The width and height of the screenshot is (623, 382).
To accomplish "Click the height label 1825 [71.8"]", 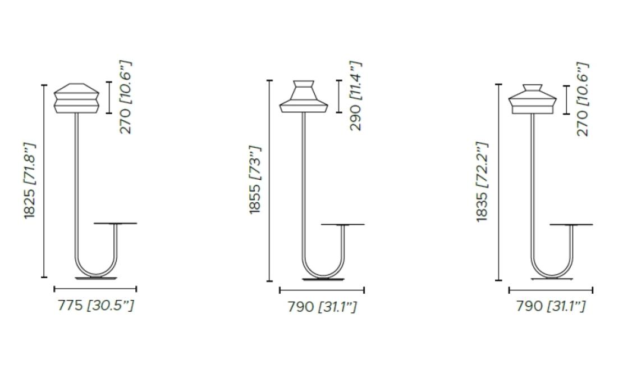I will tap(31, 180).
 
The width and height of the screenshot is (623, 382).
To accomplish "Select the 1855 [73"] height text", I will tap(255, 180).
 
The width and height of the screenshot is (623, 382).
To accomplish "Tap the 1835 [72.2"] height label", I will tap(482, 181).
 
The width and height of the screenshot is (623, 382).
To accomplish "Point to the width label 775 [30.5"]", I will tap(96, 306).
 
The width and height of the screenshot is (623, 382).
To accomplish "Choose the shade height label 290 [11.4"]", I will tap(356, 96).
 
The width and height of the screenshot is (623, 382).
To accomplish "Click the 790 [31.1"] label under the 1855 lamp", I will tap(322, 307).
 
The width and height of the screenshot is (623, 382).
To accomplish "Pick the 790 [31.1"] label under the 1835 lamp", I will tap(551, 306).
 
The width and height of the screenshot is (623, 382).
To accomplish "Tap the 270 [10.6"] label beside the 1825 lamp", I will tap(126, 98).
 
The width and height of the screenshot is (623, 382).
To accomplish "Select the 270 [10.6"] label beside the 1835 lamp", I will tap(583, 99).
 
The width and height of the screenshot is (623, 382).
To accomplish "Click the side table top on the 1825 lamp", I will tap(115, 224).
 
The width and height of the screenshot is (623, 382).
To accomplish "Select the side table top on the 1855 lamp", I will tap(342, 225).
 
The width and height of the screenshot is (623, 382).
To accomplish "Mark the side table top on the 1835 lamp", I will tap(571, 225).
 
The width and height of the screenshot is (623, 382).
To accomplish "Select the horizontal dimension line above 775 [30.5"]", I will tap(95, 289).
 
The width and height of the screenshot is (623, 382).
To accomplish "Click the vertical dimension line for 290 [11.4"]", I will tap(339, 96).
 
